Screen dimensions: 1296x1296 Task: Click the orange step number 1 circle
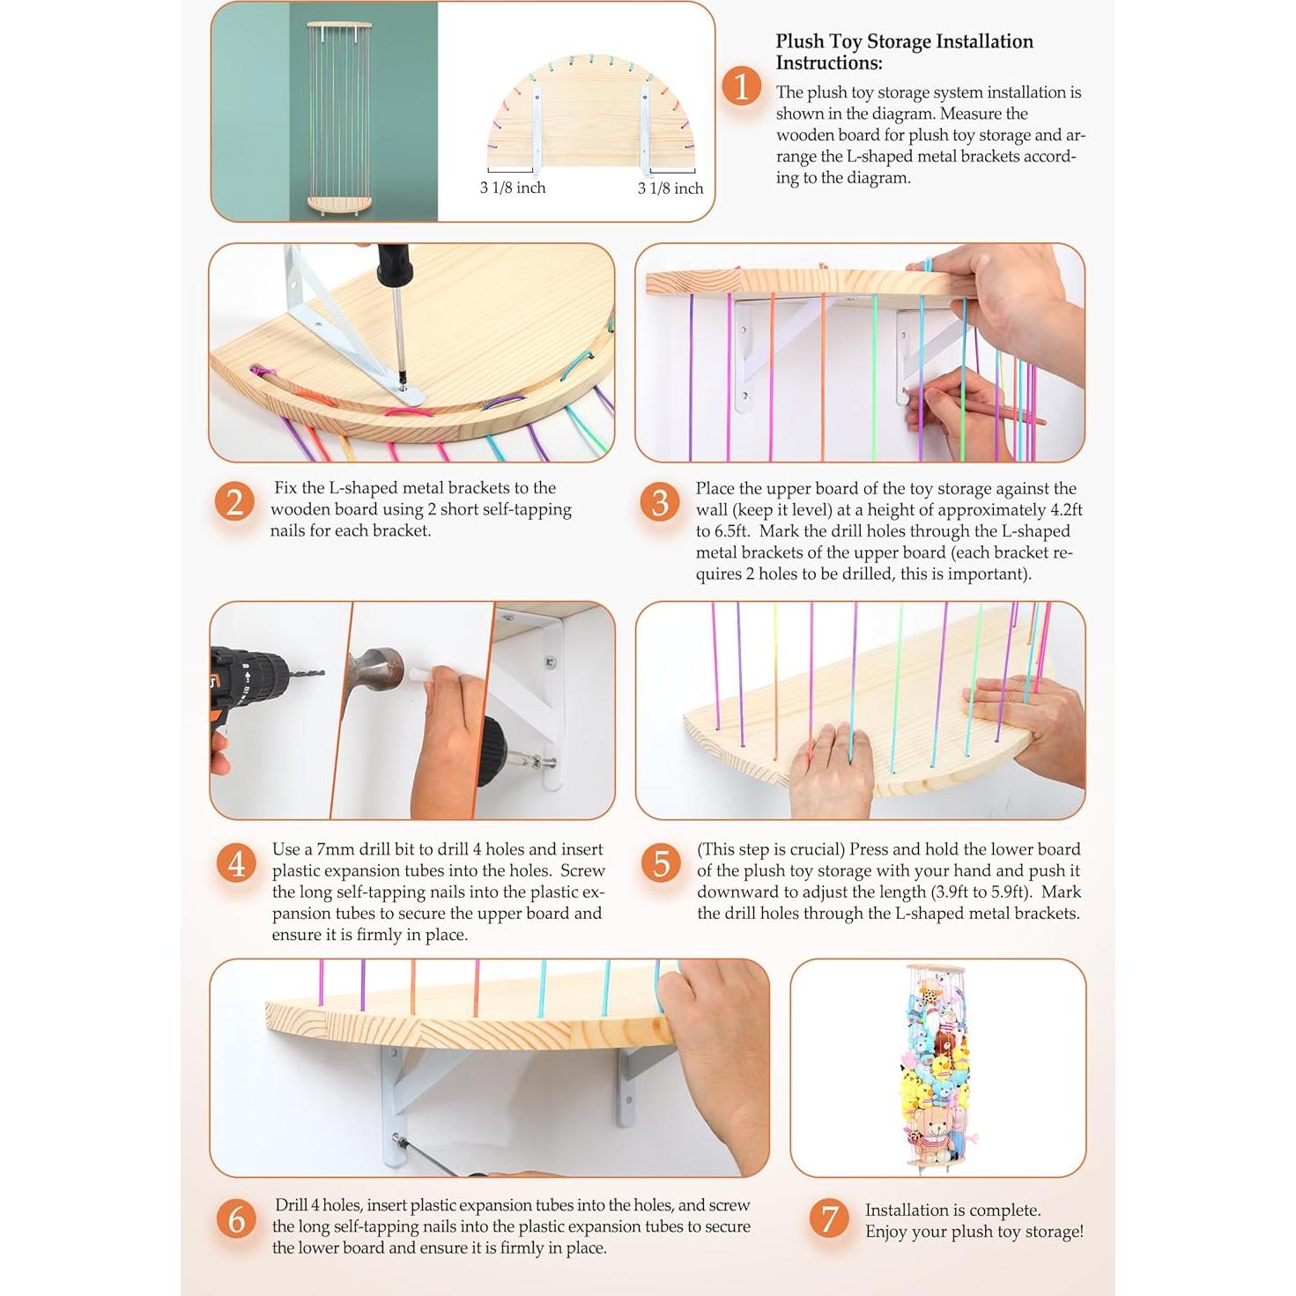click(741, 86)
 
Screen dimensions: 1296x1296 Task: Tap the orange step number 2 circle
click(234, 501)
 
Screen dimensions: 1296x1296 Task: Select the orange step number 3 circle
click(660, 502)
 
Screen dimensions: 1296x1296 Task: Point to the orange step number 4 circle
click(236, 863)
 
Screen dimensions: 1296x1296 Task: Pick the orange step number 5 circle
click(661, 863)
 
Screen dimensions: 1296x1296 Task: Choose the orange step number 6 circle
click(236, 1219)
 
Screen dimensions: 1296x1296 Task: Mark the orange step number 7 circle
click(829, 1219)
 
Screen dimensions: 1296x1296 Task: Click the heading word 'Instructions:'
click(828, 63)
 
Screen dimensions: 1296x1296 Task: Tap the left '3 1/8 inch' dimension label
click(513, 188)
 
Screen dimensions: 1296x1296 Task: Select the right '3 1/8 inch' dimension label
click(670, 189)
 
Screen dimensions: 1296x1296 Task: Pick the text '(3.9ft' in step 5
click(946, 892)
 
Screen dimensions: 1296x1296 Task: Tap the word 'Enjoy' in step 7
click(885, 1232)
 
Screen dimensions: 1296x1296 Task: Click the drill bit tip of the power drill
click(322, 672)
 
